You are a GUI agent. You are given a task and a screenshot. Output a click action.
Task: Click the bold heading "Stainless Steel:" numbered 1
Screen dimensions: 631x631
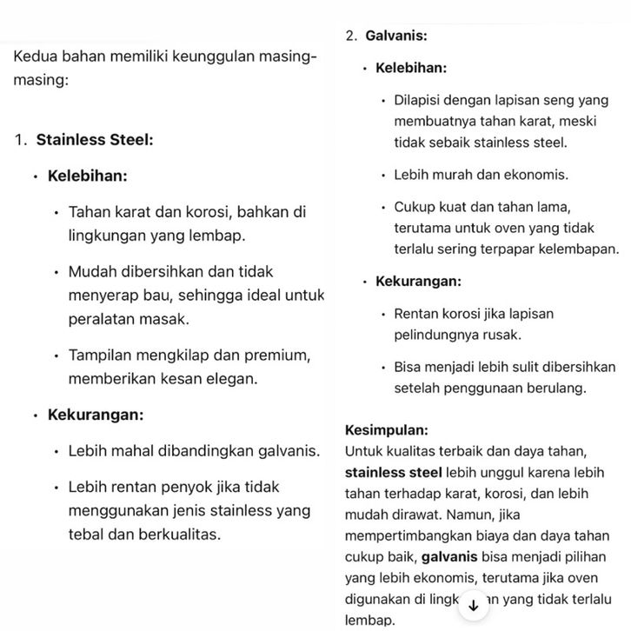point(95,140)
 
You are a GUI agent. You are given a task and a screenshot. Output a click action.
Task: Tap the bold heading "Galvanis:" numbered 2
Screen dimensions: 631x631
point(395,36)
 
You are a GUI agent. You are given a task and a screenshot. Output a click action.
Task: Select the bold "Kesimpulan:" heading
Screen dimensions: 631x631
point(386,430)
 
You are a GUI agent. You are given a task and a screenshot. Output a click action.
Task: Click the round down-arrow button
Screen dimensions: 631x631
point(473,604)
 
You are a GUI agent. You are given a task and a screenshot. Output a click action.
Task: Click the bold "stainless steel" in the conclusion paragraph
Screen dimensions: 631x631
point(393,473)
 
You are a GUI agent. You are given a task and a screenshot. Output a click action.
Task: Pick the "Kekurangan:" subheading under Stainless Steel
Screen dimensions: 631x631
point(96,415)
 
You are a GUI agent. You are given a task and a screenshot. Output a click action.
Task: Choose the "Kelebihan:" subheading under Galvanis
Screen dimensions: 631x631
point(411,68)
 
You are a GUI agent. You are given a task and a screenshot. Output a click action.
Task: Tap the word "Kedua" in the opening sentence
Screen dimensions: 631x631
point(33,57)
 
